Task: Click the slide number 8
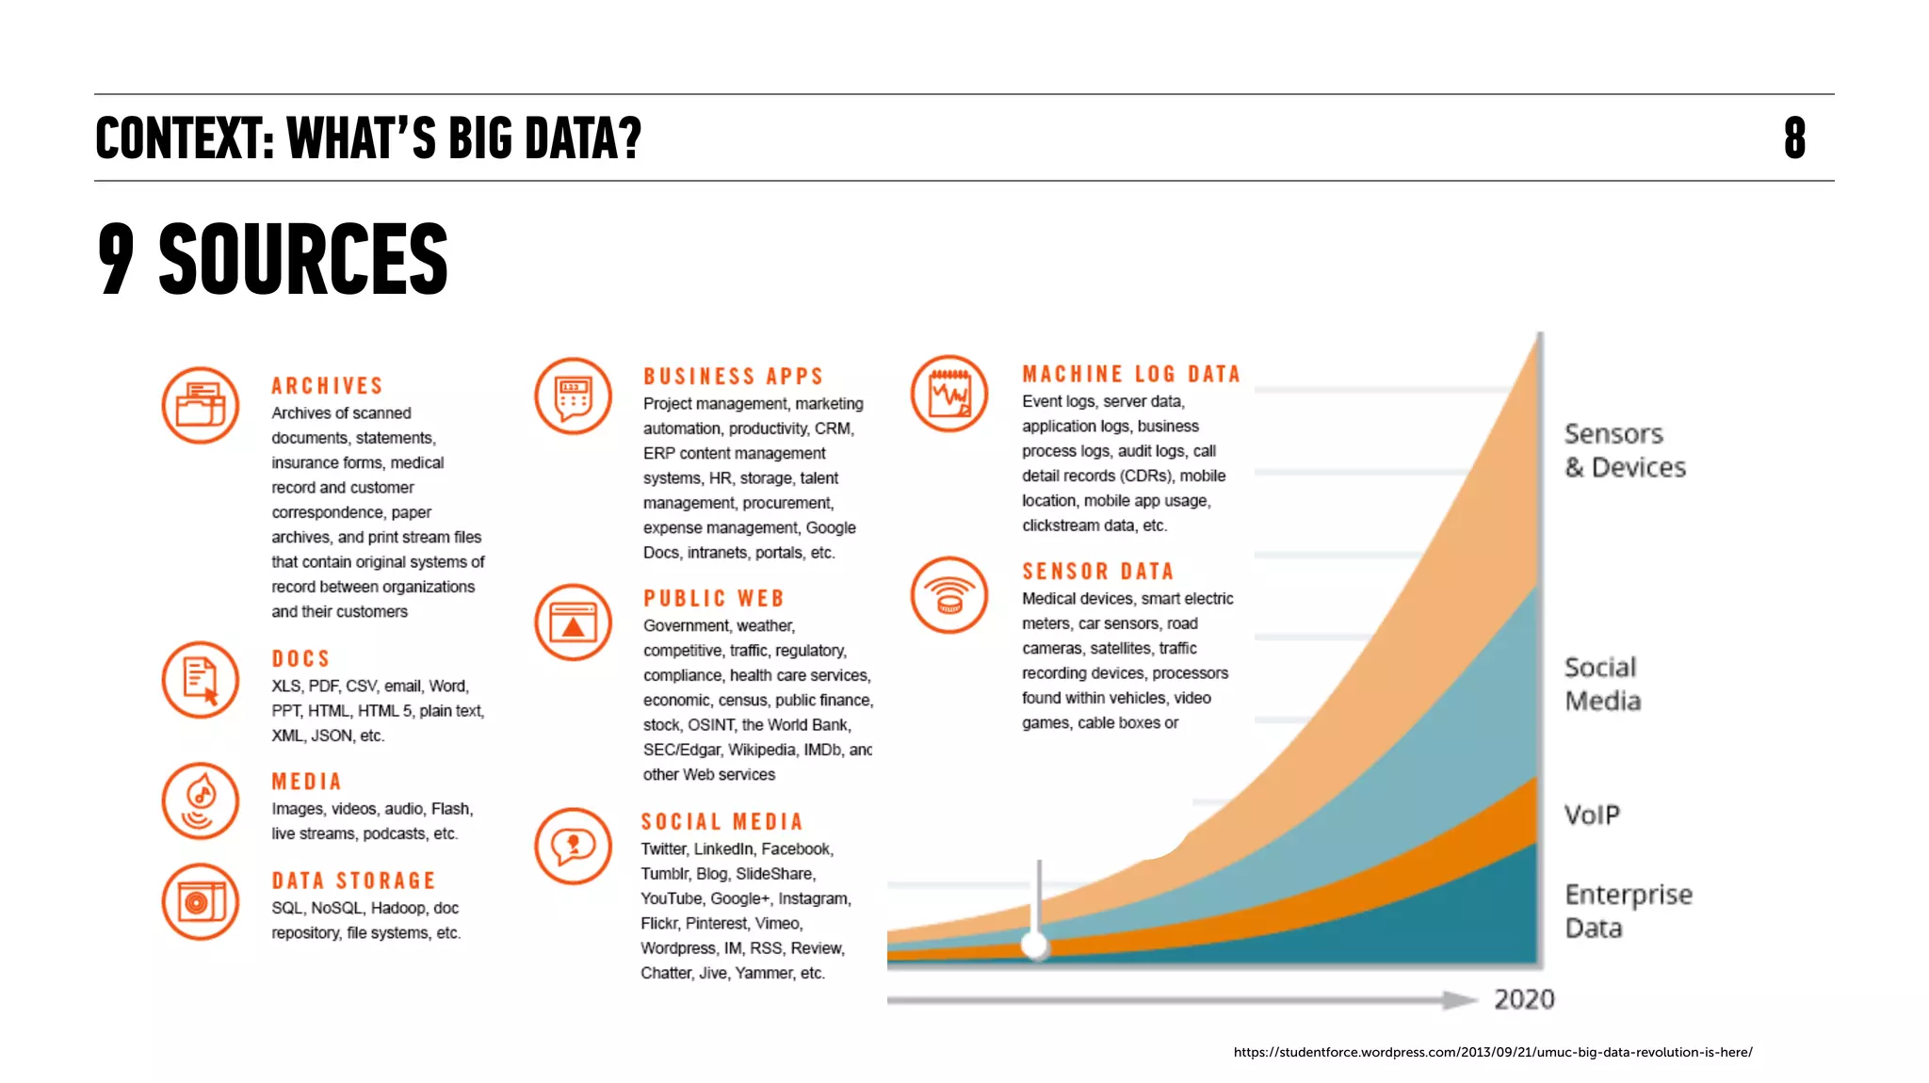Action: (1794, 138)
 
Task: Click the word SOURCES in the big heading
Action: (302, 259)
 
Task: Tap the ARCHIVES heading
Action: (327, 386)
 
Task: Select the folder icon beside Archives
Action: (200, 405)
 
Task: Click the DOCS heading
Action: (300, 659)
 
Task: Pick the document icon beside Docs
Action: (200, 680)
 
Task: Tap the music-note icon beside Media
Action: (200, 800)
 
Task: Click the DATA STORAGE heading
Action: (353, 881)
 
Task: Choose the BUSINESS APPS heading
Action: (733, 377)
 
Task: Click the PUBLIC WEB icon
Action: (573, 622)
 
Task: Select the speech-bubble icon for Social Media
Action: (573, 846)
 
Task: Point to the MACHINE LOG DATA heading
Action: (1130, 375)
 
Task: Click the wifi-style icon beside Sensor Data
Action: (948, 595)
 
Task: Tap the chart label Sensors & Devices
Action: (1624, 450)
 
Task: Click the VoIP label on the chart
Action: (1592, 815)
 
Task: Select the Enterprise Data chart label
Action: (1627, 911)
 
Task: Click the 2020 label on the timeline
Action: (1523, 999)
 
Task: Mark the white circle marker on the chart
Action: (1035, 943)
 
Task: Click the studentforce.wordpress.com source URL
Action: (1492, 1052)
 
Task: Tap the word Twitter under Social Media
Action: (663, 849)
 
